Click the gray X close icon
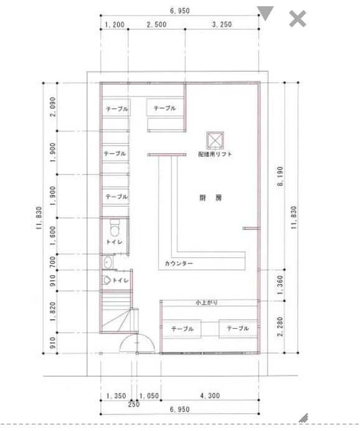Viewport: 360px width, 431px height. (x=298, y=19)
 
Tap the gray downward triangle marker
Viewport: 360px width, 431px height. (x=265, y=13)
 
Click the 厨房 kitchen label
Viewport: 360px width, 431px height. (x=211, y=198)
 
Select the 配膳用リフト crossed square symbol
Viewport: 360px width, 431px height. (x=215, y=141)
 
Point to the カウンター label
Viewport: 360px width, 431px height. (x=179, y=263)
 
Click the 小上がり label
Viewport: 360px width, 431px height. (x=207, y=303)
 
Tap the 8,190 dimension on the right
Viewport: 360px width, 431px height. (x=280, y=176)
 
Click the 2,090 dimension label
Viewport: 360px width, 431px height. (x=52, y=107)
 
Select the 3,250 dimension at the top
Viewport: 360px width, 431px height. (x=222, y=24)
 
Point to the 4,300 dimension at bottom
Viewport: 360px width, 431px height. (x=210, y=396)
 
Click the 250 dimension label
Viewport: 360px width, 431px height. (x=134, y=404)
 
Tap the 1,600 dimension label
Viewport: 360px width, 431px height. (x=53, y=236)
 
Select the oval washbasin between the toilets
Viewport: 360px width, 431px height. (x=108, y=262)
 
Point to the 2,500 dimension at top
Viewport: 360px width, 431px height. (x=156, y=25)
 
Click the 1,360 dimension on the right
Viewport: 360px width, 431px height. (x=280, y=285)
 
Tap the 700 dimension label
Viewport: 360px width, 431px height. (x=53, y=262)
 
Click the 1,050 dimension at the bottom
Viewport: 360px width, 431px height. (x=149, y=396)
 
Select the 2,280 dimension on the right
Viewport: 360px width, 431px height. (x=280, y=326)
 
